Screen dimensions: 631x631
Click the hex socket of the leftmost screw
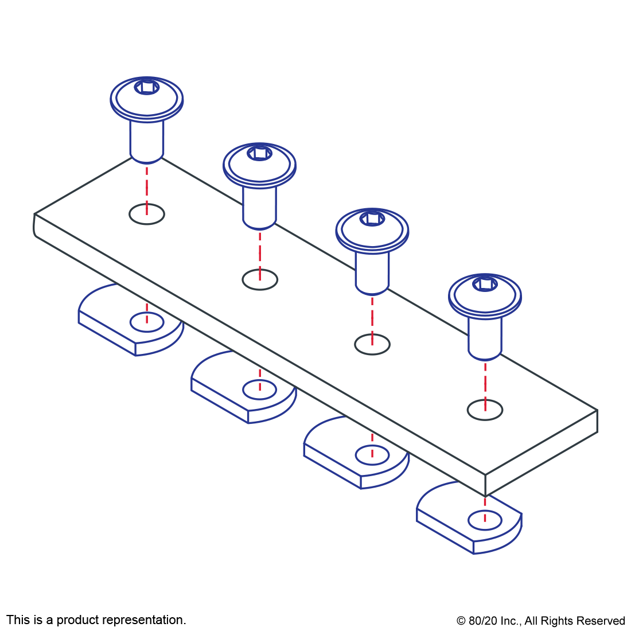[x=147, y=88]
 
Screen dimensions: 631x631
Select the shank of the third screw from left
[x=372, y=270]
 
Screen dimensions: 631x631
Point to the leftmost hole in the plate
[x=147, y=214]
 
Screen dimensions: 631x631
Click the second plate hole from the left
[x=260, y=279]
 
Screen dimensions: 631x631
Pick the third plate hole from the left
[x=372, y=344]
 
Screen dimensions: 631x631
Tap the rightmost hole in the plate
[x=485, y=410]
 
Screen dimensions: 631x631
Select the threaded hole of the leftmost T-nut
[x=147, y=322]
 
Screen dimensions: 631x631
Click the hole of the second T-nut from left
[x=259, y=389]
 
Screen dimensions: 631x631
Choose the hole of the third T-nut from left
[x=372, y=455]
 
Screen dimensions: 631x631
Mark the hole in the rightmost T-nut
[x=485, y=521]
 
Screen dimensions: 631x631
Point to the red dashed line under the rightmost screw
[x=485, y=384]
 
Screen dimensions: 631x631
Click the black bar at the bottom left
[x=96, y=621]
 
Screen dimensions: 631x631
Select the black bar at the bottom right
[x=540, y=622]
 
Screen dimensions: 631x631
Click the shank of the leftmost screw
[x=147, y=141]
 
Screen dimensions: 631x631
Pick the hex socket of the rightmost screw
[x=485, y=283]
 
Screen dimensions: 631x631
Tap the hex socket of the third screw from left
[x=372, y=218]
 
